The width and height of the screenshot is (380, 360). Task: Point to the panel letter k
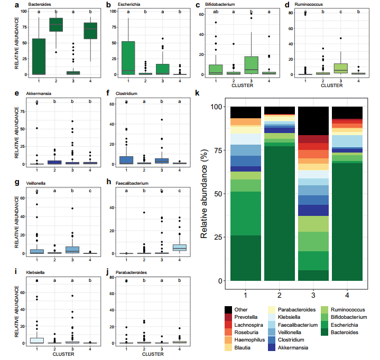click(198, 93)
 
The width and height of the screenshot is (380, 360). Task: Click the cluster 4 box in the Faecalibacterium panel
click(180, 247)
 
